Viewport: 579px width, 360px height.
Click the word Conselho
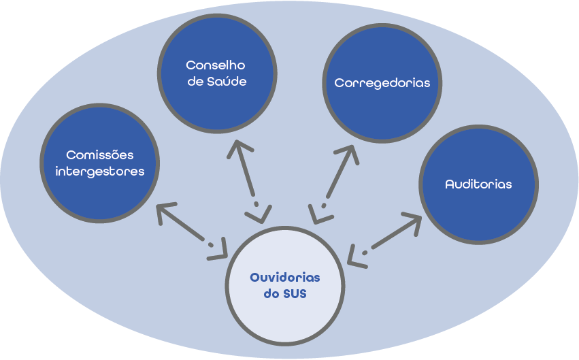216,66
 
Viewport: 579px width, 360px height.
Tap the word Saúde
229,82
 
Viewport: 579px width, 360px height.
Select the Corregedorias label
382,83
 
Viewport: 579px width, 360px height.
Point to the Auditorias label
478,184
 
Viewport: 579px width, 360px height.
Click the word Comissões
100,155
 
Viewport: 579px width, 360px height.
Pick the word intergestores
100,171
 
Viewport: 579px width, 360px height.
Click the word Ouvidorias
284,278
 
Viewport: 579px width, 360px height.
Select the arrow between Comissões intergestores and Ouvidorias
192,232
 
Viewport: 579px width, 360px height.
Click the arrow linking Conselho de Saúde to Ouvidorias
247,181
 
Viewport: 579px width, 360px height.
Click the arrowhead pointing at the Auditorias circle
414,221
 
